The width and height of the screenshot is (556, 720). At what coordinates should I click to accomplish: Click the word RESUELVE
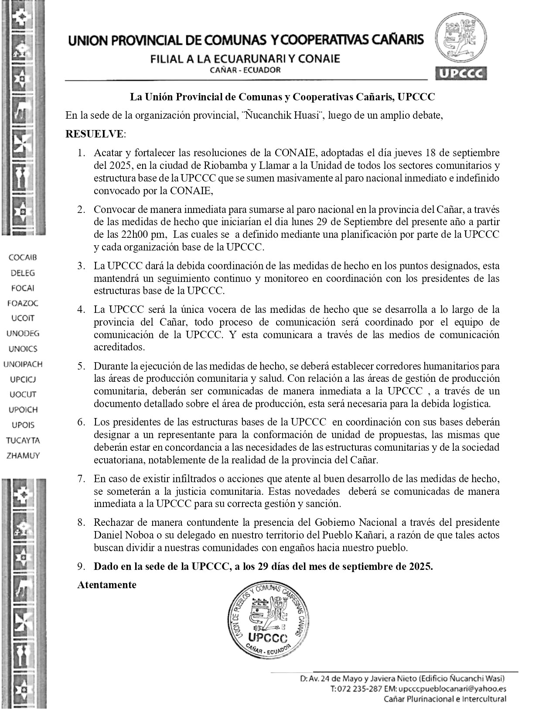(x=94, y=134)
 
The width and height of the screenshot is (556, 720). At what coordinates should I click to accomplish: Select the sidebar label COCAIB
(x=23, y=257)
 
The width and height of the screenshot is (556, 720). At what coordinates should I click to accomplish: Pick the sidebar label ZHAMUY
(x=23, y=456)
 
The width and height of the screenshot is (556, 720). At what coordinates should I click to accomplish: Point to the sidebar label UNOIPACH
(x=23, y=364)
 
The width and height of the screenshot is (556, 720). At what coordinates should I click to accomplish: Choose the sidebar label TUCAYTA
(x=23, y=440)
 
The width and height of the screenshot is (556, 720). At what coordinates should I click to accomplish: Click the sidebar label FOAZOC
(x=23, y=303)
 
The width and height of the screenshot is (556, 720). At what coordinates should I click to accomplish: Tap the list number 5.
(x=81, y=366)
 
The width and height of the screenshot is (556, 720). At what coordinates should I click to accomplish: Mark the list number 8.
(x=81, y=522)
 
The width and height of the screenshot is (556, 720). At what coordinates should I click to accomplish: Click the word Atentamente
(x=107, y=585)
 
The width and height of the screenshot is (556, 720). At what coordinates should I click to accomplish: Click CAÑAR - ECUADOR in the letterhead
(x=245, y=70)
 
